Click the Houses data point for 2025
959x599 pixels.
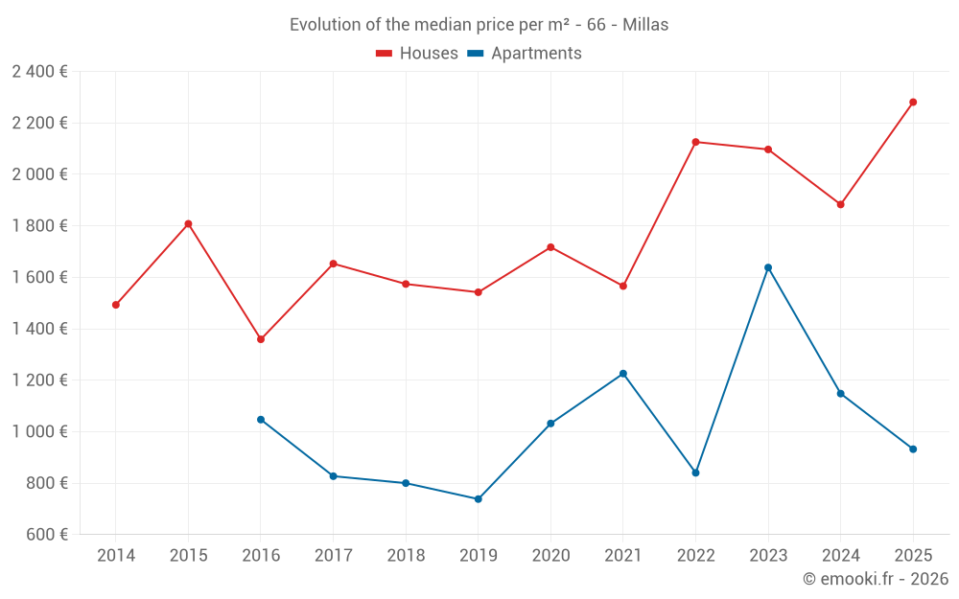913,102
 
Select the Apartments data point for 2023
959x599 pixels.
768,267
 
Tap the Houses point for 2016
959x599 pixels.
261,339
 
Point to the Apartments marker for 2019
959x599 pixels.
478,499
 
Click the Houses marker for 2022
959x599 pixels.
695,142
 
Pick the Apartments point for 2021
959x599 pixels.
623,374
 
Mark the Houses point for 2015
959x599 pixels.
188,223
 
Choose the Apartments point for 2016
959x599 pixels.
261,420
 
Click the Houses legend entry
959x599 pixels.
417,54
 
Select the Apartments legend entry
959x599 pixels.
525,54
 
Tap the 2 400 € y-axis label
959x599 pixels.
39,71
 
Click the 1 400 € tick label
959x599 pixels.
39,329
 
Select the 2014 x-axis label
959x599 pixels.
116,556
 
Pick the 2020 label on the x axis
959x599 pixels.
550,556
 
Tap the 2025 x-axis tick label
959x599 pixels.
913,556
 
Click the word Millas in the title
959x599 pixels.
645,25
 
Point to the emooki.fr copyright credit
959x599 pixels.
876,579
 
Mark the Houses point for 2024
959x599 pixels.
841,204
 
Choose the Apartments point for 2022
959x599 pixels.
695,472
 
